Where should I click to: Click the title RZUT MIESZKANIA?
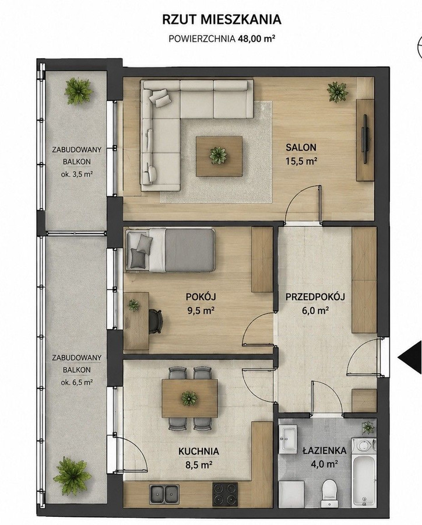(x=221, y=20)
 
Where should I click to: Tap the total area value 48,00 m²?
(x=256, y=38)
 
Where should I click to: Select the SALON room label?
(x=301, y=148)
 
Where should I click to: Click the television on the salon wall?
(x=365, y=137)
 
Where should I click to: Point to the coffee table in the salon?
(x=219, y=156)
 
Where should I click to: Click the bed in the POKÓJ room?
(x=170, y=250)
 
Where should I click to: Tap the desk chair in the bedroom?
(x=155, y=320)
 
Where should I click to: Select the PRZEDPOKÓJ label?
(x=315, y=297)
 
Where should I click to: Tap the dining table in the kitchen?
(x=189, y=398)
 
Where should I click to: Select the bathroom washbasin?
(x=288, y=438)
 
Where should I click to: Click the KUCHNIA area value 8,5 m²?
(x=199, y=465)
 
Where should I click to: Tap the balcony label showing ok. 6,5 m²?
(x=77, y=382)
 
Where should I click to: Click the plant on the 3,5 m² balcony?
(x=79, y=91)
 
